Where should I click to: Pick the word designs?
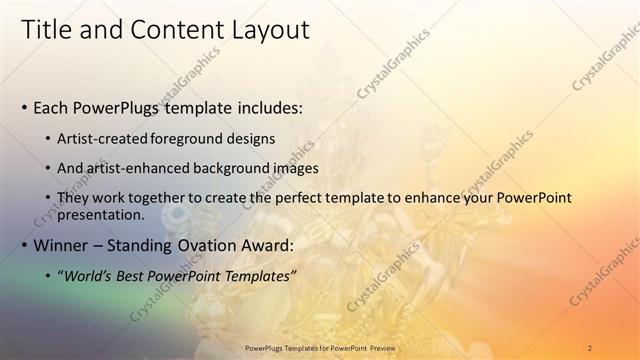[x=251, y=139]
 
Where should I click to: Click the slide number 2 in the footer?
[x=589, y=348]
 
